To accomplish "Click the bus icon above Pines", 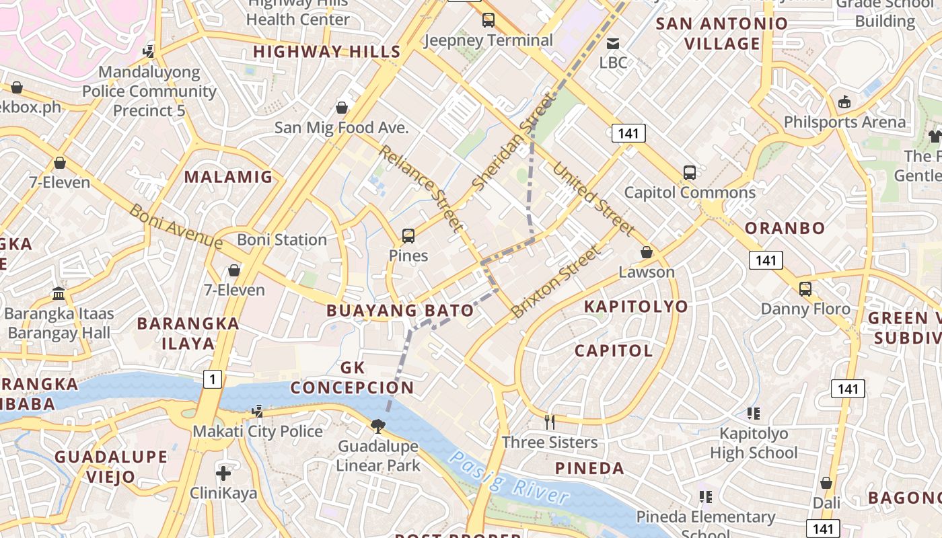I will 408,236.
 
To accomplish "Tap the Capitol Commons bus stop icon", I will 690,173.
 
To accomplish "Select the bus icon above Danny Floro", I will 805,289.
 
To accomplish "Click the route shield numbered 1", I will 213,379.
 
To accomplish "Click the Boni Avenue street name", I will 176,226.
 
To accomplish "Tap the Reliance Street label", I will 421,188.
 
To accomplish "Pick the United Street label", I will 593,199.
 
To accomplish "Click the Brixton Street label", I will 555,282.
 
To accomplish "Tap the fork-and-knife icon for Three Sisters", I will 550,422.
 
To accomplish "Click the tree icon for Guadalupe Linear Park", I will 378,426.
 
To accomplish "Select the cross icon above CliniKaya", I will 223,473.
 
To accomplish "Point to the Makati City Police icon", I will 257,411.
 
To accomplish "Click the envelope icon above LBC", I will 613,44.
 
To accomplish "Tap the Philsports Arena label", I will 844,122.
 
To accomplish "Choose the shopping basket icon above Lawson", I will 647,252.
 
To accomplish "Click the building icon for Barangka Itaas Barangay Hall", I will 59,294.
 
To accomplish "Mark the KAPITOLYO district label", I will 636,307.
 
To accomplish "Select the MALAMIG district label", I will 229,177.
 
